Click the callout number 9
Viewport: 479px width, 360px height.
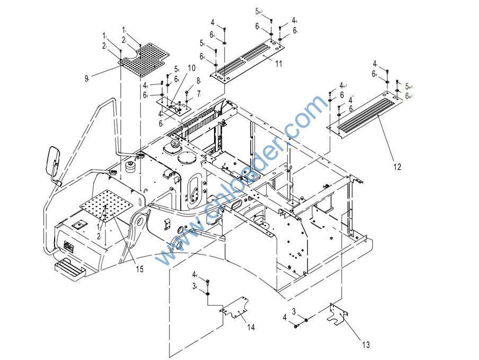(x=86, y=78)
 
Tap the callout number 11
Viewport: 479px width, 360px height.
(x=279, y=64)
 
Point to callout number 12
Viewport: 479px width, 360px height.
(x=397, y=167)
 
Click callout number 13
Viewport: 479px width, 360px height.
(x=366, y=345)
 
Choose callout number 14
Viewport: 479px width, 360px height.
(x=251, y=328)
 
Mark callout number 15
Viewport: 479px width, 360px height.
(x=139, y=269)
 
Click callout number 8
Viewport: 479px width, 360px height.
(x=198, y=80)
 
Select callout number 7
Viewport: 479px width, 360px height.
(x=198, y=94)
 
